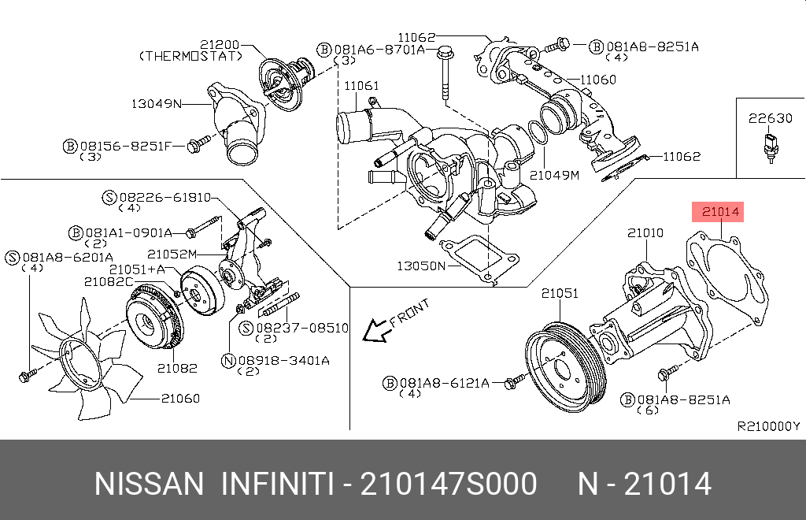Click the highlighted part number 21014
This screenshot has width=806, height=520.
coord(720,211)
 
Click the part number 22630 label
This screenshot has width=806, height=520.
coord(770,118)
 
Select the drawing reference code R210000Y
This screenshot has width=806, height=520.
coord(767,426)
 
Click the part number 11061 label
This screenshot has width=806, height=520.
coord(361,85)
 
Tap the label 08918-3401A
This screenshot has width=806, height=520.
coord(284,360)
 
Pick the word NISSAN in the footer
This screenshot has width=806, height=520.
coord(149,484)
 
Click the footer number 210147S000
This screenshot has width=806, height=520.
coord(449,484)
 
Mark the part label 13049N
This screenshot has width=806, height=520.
coord(155,103)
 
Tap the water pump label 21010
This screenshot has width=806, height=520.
coord(645,233)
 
